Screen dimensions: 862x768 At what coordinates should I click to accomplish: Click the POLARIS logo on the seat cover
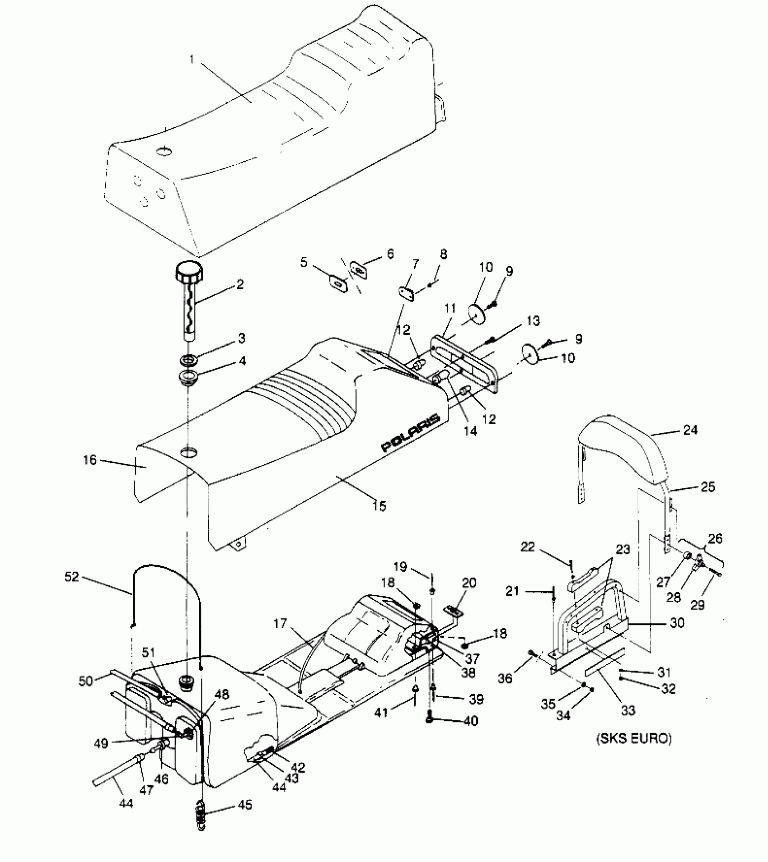[x=410, y=433]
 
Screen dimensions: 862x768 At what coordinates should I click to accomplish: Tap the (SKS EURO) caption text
[x=634, y=739]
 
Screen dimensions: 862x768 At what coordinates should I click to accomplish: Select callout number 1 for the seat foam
[x=192, y=60]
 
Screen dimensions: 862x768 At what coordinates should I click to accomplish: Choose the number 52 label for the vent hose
[x=72, y=577]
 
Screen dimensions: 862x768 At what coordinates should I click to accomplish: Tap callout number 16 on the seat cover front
[x=90, y=460]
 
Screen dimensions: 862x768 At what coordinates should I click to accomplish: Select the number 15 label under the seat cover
[x=380, y=506]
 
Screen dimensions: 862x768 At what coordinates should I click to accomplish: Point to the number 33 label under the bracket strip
[x=628, y=710]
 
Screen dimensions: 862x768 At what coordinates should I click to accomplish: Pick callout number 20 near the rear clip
[x=469, y=583]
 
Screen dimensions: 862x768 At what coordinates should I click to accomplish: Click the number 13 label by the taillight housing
[x=533, y=321]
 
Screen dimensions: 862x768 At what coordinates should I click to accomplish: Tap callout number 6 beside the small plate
[x=390, y=254]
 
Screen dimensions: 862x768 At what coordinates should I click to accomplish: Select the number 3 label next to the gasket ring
[x=242, y=338]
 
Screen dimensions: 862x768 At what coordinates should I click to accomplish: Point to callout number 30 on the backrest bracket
[x=677, y=623]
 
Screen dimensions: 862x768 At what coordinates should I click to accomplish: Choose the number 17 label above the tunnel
[x=280, y=624]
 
